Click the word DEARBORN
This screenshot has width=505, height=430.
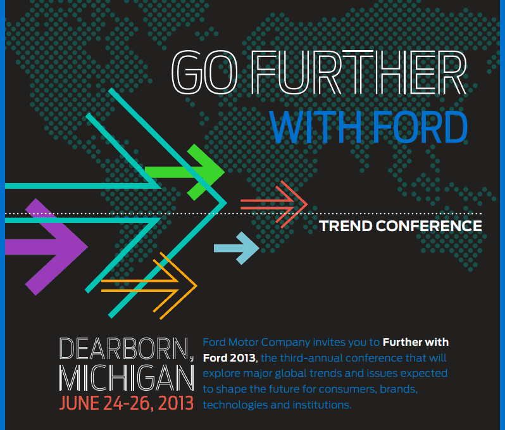123,350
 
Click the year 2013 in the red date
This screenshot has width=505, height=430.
172,403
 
